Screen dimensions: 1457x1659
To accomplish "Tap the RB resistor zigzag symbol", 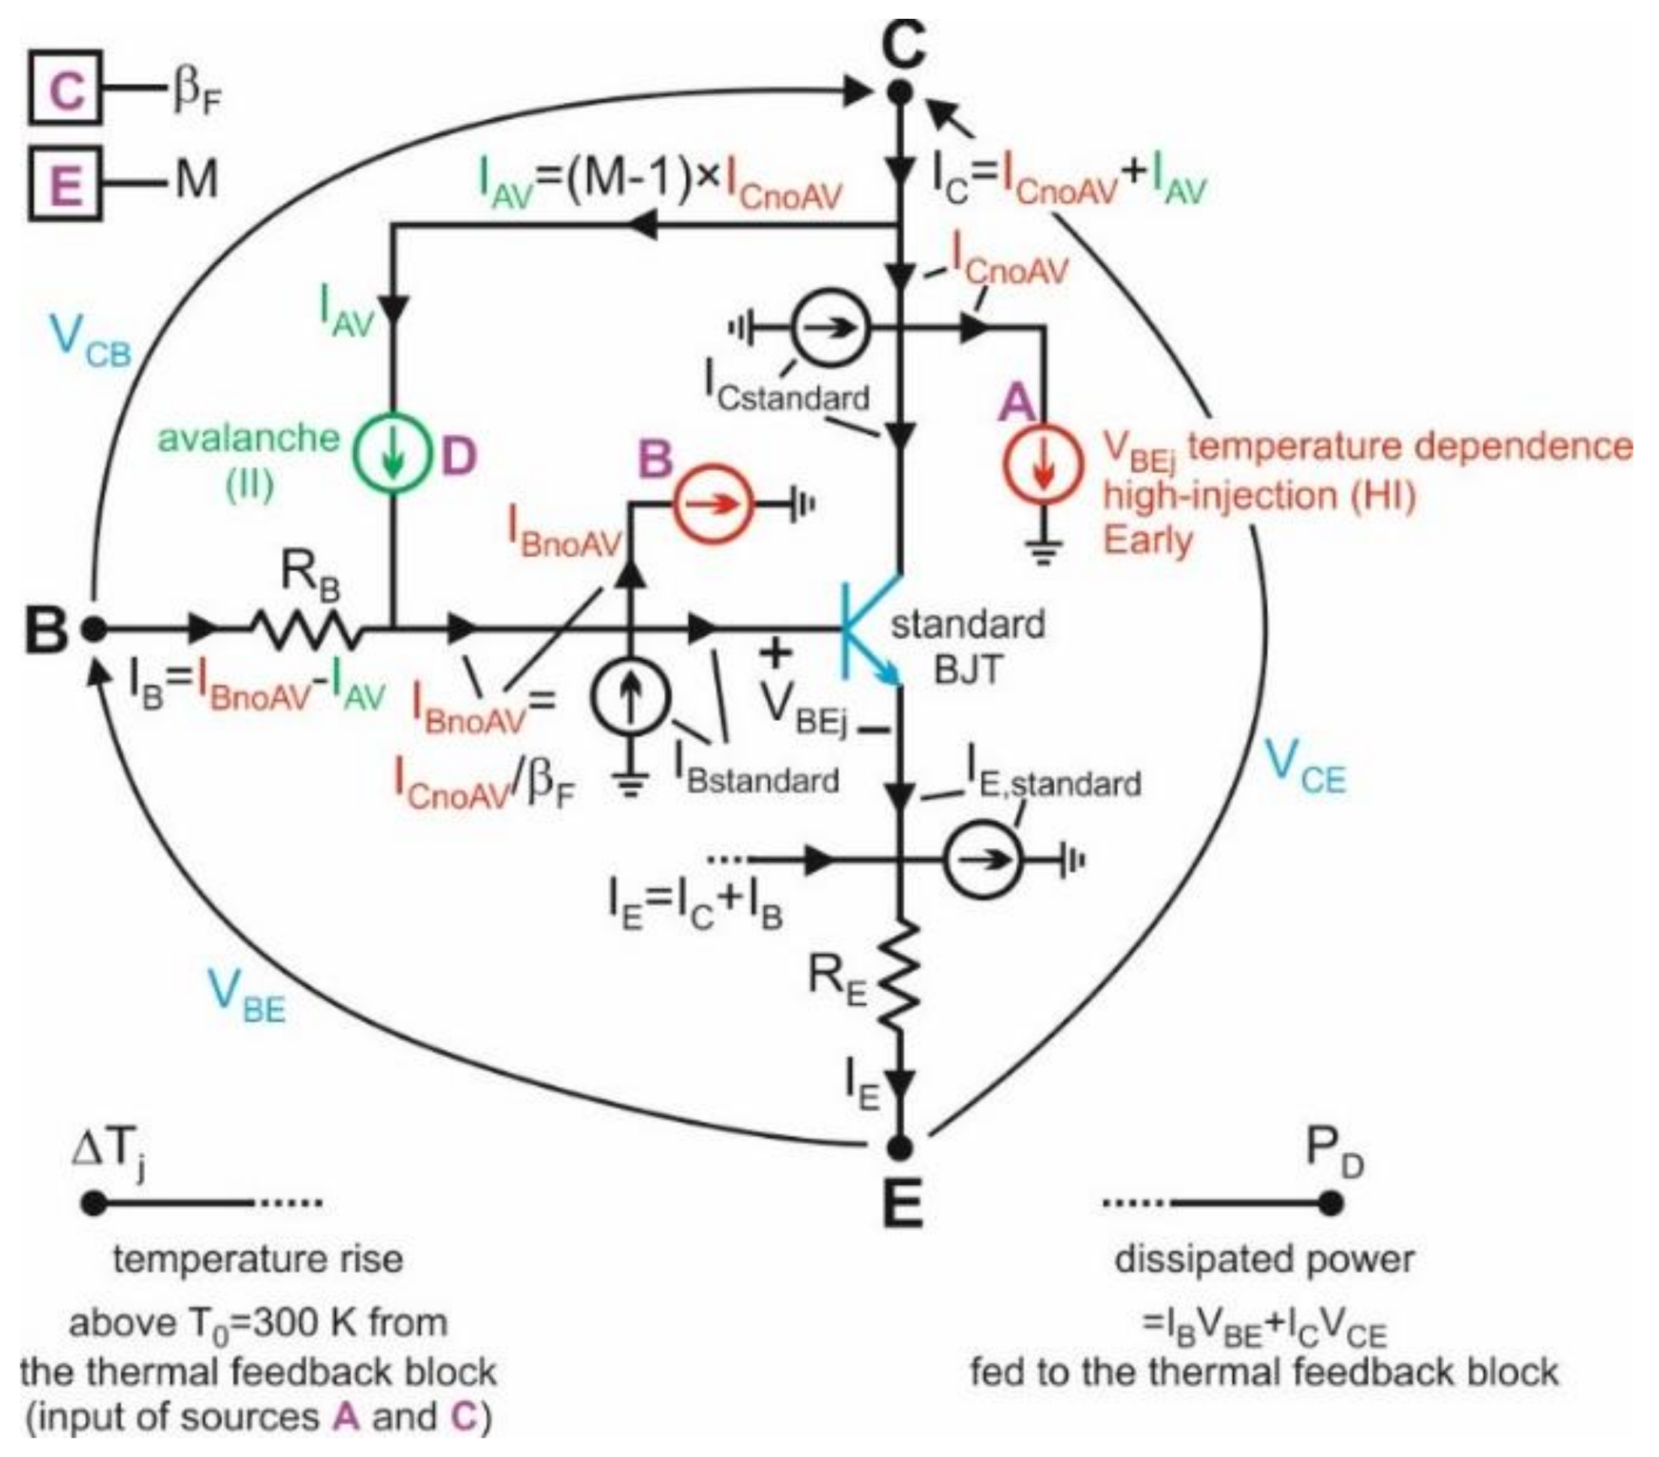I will (307, 629).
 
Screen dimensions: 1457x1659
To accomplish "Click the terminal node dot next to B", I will (93, 629).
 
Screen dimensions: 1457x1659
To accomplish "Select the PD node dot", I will (1328, 1203).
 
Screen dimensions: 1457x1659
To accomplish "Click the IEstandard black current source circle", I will (981, 861).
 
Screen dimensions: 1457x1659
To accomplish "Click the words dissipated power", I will (1264, 1260).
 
